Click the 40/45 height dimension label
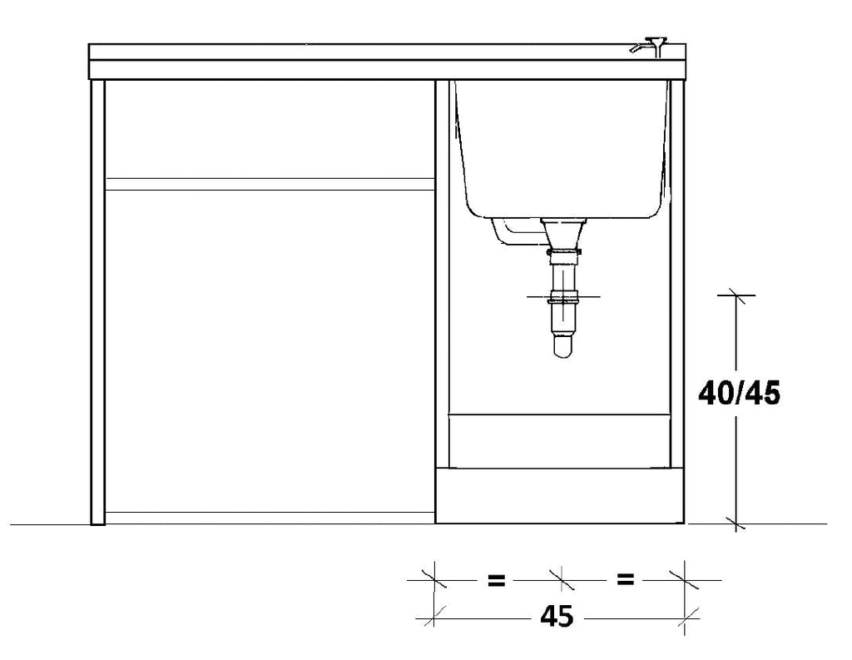(739, 393)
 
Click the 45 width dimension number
(557, 617)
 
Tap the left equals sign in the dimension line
(496, 581)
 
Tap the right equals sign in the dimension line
(626, 579)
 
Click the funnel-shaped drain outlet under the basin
(564, 233)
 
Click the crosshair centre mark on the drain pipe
(563, 297)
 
